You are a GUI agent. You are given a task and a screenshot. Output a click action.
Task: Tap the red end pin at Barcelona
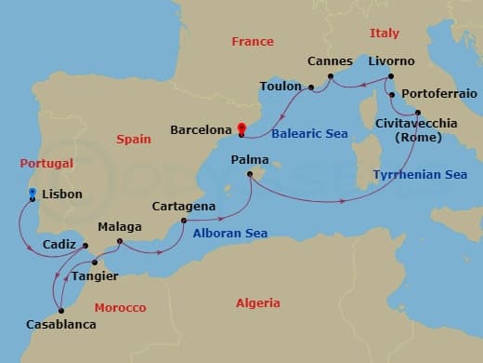241,129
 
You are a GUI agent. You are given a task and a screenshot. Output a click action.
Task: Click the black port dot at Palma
250,174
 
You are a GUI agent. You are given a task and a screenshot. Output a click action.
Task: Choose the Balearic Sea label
309,134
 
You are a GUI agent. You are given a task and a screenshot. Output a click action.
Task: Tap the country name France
253,42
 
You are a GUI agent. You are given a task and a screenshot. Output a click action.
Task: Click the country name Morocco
120,307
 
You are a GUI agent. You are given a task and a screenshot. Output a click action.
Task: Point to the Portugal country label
46,163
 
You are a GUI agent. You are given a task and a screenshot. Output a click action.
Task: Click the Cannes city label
330,60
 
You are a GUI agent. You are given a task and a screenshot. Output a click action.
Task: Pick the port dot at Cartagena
184,221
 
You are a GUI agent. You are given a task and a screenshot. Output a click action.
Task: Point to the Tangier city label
95,276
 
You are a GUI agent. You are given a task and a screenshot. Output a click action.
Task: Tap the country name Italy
384,33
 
